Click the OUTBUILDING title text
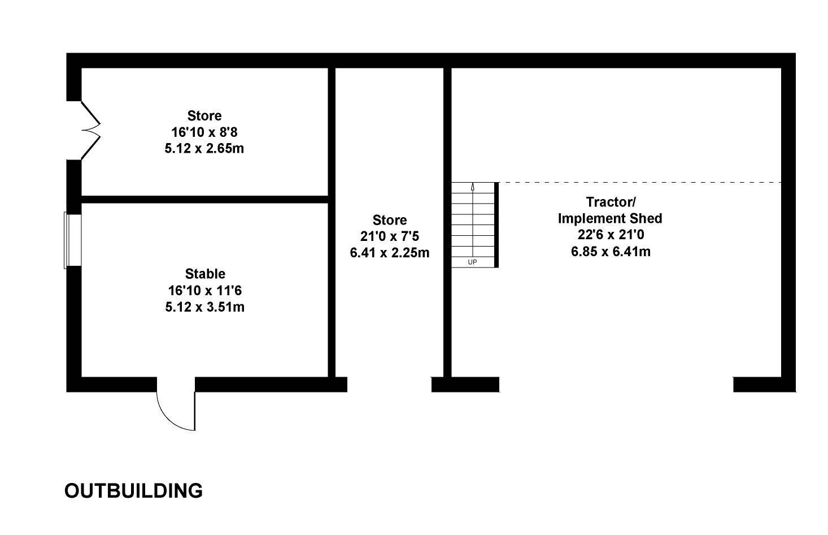point(133,490)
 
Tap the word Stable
point(205,274)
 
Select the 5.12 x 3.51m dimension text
point(205,308)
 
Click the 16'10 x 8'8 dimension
point(204,133)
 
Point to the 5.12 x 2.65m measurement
point(204,149)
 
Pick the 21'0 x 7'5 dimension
point(390,236)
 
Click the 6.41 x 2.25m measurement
point(390,253)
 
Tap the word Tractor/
point(610,202)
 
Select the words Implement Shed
point(610,218)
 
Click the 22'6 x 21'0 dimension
point(610,235)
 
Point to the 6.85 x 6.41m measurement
point(610,251)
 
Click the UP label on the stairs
point(473,262)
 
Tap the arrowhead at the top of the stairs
point(473,186)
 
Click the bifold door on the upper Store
point(90,131)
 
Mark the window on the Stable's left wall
point(73,240)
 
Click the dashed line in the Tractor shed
point(638,182)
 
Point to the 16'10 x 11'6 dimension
point(205,291)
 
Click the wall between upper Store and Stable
point(204,199)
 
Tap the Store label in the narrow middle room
point(390,220)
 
